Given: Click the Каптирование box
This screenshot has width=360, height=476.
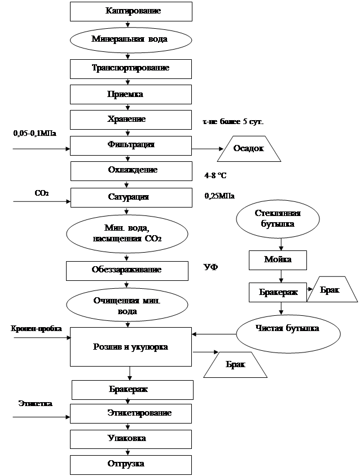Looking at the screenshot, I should (x=131, y=11).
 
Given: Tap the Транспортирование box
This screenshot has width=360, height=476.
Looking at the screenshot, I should (x=131, y=68).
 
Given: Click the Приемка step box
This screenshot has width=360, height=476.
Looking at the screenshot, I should (x=131, y=94).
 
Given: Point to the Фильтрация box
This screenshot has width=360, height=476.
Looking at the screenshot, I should (x=131, y=145).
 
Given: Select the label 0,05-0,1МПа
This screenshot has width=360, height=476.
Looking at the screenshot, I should (x=36, y=134).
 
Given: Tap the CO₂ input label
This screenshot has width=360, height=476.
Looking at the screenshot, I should (x=42, y=193).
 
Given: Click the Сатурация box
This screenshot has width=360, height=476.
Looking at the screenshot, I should (x=131, y=197).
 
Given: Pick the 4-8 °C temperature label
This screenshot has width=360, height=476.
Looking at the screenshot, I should (x=218, y=176).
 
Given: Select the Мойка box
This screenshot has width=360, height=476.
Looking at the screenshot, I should (x=278, y=259).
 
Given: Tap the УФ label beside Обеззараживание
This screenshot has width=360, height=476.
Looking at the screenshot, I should (x=210, y=266).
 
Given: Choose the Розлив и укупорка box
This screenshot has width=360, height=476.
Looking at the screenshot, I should (x=131, y=346).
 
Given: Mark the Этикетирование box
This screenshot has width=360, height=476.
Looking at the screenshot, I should (x=131, y=413).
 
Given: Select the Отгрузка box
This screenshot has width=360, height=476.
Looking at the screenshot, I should (x=131, y=464).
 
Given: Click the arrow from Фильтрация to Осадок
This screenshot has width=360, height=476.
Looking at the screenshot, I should (x=206, y=149).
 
